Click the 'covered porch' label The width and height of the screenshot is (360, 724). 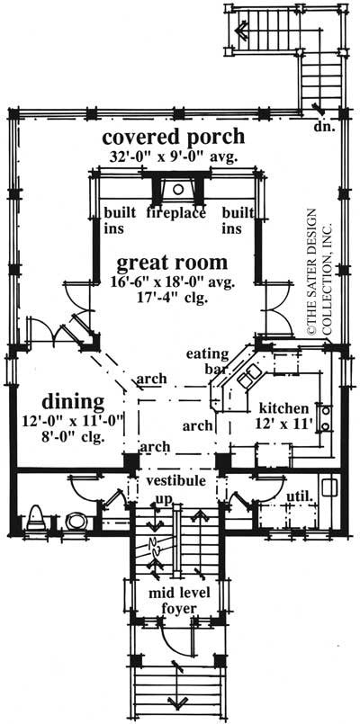(172, 138)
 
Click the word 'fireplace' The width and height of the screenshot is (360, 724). (176, 213)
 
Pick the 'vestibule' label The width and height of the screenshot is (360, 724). (176, 482)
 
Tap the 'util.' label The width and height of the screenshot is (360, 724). (297, 495)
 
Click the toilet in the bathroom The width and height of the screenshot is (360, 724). (36, 518)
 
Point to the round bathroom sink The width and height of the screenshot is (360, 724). (75, 520)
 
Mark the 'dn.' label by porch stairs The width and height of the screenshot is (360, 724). (323, 127)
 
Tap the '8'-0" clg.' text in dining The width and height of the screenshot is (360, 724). (74, 437)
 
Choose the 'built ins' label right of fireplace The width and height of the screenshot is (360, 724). (234, 220)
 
